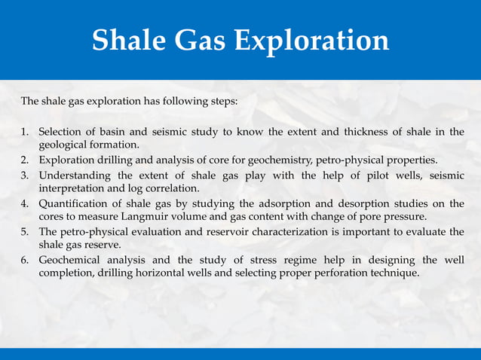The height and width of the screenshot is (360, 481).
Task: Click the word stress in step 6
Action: tap(257, 261)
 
